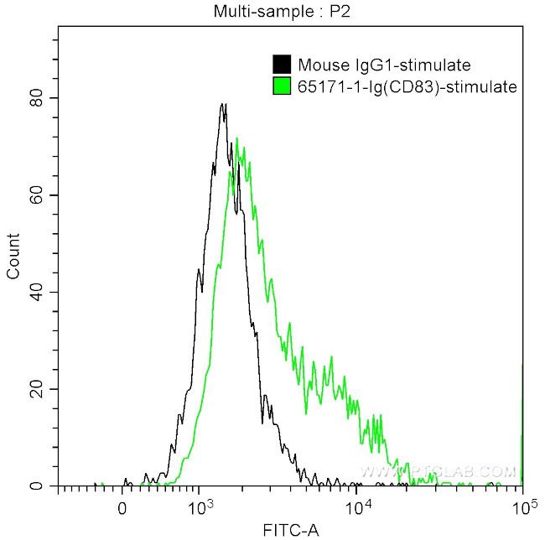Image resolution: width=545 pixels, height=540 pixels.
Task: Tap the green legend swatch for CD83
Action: click(282, 86)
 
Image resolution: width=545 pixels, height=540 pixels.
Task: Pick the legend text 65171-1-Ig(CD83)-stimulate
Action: click(407, 86)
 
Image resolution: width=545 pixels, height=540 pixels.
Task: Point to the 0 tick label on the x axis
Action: click(123, 507)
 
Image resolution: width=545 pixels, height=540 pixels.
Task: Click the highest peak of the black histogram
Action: click(223, 105)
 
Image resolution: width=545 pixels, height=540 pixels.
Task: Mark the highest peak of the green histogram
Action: click(236, 138)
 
